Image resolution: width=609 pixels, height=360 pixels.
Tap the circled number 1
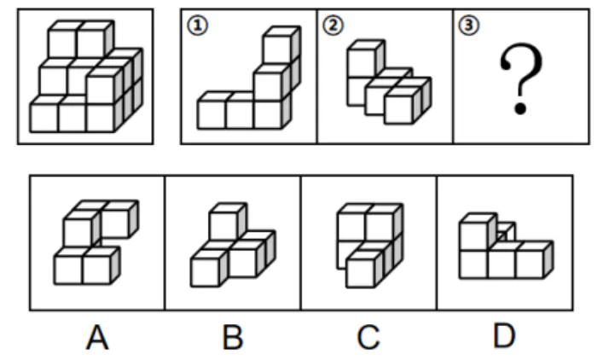click(198, 26)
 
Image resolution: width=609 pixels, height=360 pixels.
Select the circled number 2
click(333, 26)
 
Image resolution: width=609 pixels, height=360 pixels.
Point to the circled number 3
click(469, 26)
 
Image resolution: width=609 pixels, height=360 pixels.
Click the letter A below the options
click(97, 338)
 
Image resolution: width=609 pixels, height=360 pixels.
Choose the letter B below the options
click(233, 338)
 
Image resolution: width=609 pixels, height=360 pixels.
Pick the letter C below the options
click(368, 338)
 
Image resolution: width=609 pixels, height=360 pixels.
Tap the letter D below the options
click(505, 336)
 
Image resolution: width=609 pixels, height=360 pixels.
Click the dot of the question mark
click(520, 108)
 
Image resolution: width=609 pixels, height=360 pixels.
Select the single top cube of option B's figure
click(227, 222)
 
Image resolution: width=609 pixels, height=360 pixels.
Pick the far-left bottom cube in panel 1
click(212, 112)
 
